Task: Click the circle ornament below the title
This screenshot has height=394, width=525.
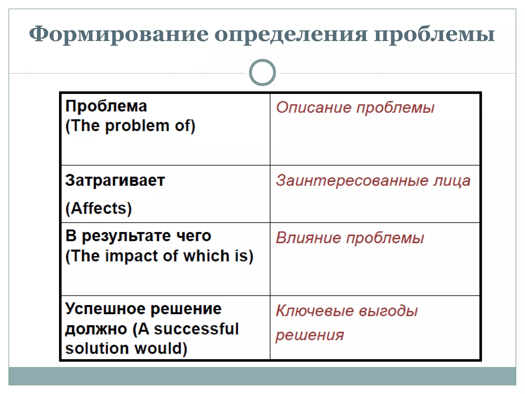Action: [x=262, y=73]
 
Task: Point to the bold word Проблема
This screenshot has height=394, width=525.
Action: [x=106, y=106]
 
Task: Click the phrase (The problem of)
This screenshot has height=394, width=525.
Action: [x=130, y=126]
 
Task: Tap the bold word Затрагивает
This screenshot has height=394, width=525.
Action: [x=115, y=180]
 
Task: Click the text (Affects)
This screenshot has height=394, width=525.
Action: [x=99, y=208]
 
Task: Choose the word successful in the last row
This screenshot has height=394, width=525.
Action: [x=196, y=329]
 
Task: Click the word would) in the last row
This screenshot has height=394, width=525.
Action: [x=161, y=349]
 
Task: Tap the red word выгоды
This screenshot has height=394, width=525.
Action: [x=388, y=311]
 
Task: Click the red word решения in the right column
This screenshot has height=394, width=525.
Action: [x=310, y=335]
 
